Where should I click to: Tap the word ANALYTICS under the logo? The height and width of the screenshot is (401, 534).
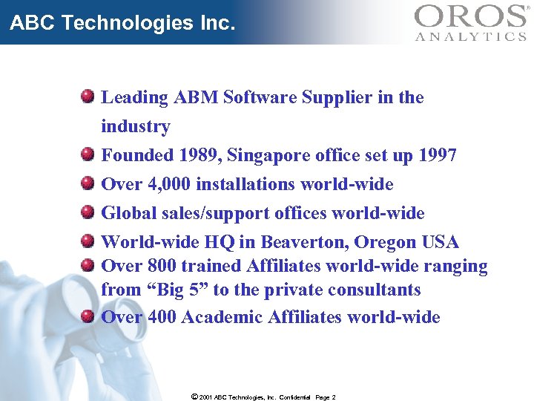471,36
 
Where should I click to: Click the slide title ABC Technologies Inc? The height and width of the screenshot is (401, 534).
122,23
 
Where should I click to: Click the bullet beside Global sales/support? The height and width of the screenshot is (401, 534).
88,213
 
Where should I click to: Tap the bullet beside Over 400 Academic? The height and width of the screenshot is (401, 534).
88,317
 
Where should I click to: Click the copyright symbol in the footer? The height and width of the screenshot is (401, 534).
194,397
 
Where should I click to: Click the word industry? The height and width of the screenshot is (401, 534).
136,126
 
